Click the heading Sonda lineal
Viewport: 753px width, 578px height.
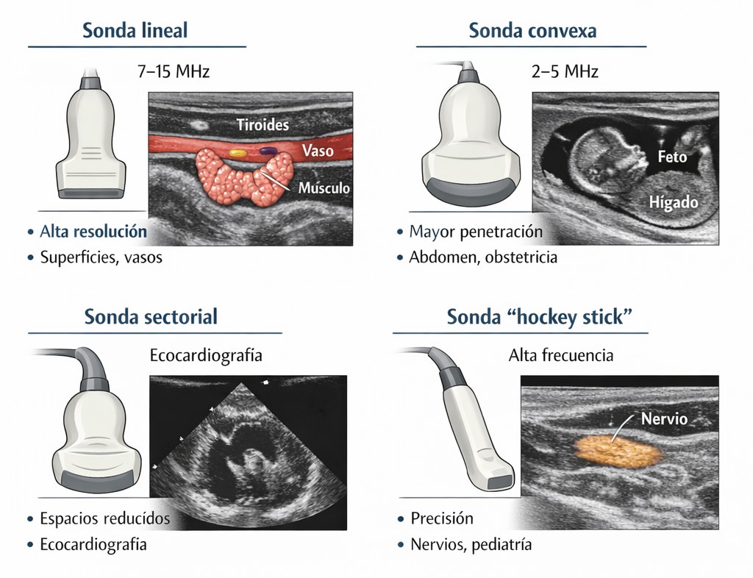tap(135, 31)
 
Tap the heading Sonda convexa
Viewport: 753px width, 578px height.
tap(532, 31)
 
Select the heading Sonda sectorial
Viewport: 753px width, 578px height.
tap(151, 317)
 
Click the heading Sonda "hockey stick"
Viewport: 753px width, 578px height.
tap(539, 317)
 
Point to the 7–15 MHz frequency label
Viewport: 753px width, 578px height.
tap(174, 71)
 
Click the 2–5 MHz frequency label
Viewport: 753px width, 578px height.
tap(565, 71)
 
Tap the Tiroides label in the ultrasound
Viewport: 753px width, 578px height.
tap(263, 125)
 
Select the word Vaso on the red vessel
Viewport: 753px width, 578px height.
tap(318, 151)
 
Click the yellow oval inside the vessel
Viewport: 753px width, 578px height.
tap(238, 153)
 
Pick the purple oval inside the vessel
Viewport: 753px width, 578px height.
tap(266, 151)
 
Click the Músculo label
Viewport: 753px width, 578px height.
tap(324, 188)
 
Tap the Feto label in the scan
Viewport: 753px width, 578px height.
tap(672, 157)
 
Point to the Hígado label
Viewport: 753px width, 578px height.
tap(674, 202)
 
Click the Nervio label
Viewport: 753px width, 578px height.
tap(664, 418)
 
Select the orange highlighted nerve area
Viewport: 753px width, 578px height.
tap(618, 452)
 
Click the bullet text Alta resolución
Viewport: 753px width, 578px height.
tap(93, 232)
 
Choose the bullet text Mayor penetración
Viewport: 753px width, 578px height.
tap(476, 232)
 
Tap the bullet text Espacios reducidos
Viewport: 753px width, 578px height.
tap(104, 518)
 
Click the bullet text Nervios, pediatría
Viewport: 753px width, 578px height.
tap(471, 545)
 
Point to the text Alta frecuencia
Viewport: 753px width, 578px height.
tap(561, 355)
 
